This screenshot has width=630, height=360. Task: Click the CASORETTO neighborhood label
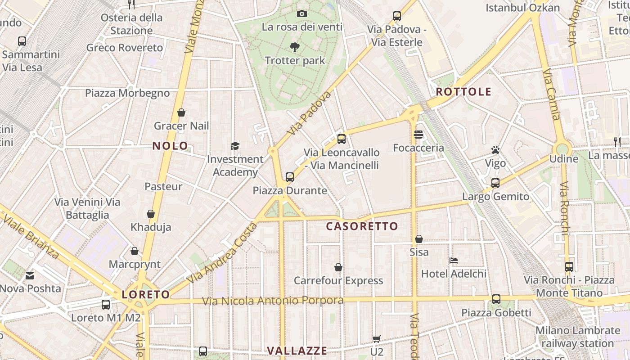362,226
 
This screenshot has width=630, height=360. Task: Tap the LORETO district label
146,295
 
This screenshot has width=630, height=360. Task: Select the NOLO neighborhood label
170,146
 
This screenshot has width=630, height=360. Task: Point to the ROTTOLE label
463,92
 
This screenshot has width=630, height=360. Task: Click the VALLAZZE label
297,351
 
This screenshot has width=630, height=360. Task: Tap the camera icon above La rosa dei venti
302,14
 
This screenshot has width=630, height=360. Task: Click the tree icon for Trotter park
295,47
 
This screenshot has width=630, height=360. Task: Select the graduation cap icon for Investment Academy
235,145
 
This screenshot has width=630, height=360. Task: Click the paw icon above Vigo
495,150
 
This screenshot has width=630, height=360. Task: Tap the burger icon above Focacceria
418,135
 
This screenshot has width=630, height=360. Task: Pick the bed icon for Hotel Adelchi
454,260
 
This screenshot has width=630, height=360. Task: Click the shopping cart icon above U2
377,339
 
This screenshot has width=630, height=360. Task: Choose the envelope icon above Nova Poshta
30,275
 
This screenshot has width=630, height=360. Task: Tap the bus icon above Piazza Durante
290,177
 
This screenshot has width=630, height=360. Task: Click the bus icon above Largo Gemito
495,183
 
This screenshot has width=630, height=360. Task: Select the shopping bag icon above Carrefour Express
338,267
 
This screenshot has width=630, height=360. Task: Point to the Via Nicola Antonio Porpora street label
273,301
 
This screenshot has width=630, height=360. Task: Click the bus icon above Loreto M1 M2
106,305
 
